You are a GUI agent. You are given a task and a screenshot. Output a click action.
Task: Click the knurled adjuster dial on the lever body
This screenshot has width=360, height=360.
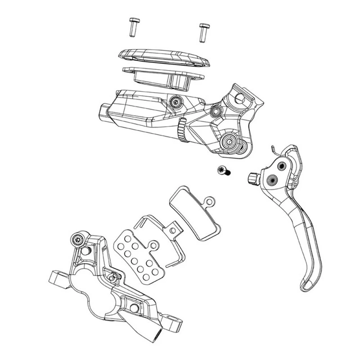[x=182, y=130]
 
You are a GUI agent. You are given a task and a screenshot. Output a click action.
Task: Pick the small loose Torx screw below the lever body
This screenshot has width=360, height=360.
[x=222, y=170]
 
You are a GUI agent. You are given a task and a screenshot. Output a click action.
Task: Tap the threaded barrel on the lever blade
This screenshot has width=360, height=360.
[x=253, y=178]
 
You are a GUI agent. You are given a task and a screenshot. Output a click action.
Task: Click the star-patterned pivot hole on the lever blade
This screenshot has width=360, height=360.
[x=273, y=179]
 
